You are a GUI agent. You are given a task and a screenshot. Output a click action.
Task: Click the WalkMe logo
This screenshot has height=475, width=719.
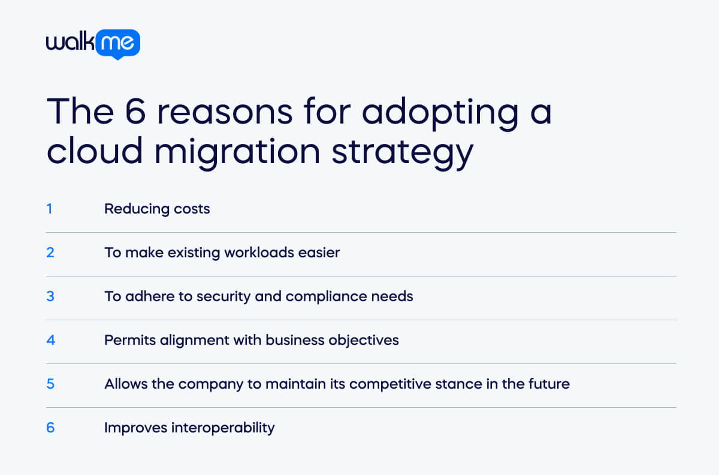click(93, 44)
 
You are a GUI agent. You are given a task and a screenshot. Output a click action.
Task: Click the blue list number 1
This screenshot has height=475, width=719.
click(50, 209)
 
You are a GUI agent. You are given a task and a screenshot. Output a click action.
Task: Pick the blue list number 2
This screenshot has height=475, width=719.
click(50, 252)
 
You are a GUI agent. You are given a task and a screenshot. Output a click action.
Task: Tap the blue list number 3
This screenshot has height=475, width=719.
click(50, 296)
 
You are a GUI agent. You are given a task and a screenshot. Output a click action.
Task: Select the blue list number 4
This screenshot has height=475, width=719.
click(50, 340)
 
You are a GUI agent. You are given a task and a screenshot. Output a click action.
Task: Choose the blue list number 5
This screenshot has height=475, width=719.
click(50, 384)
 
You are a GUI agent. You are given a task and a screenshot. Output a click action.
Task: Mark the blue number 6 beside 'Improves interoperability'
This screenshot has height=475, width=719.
click(50, 428)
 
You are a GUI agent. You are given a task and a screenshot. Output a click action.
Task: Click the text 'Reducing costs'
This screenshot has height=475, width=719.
click(157, 209)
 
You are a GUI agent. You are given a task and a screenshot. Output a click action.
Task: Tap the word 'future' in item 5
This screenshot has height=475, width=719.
click(549, 384)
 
